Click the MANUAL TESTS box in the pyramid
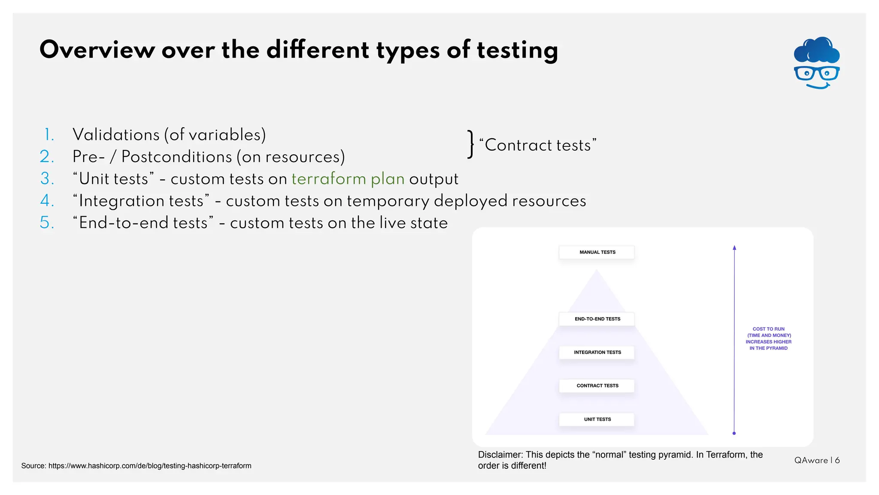tap(597, 252)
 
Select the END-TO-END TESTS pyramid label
tap(597, 319)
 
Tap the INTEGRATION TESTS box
tap(597, 352)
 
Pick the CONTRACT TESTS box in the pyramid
tap(597, 385)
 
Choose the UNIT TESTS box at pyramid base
tap(597, 419)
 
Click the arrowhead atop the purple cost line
tap(734, 248)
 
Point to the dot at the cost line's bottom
tap(734, 433)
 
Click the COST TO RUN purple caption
tap(768, 339)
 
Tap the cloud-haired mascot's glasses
tap(816, 73)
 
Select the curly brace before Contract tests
tap(471, 144)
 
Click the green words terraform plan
tap(348, 179)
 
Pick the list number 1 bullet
tap(49, 135)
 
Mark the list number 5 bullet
tap(47, 223)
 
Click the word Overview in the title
tap(97, 50)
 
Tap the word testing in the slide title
tap(517, 51)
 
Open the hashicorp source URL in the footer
tap(150, 466)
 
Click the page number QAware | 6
tap(817, 460)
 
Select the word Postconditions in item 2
tap(176, 157)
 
